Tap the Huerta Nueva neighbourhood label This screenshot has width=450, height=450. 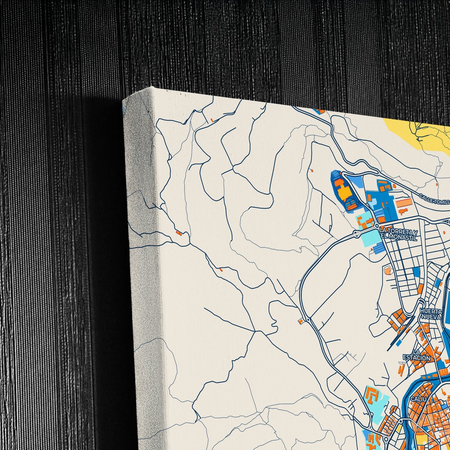(431, 314)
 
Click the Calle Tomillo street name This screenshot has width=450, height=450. (434, 199)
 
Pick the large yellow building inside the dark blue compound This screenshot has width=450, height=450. (344, 193)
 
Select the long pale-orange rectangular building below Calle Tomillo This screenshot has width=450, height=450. (404, 202)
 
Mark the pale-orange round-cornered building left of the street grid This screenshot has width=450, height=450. (388, 270)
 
